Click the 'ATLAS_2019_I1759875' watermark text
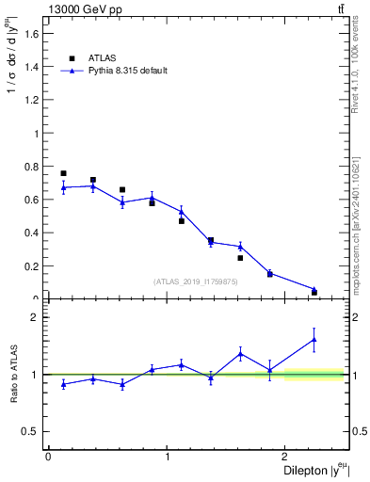(196, 281)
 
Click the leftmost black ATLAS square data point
(63, 173)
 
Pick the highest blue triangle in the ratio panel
(314, 339)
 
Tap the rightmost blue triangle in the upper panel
(314, 289)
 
